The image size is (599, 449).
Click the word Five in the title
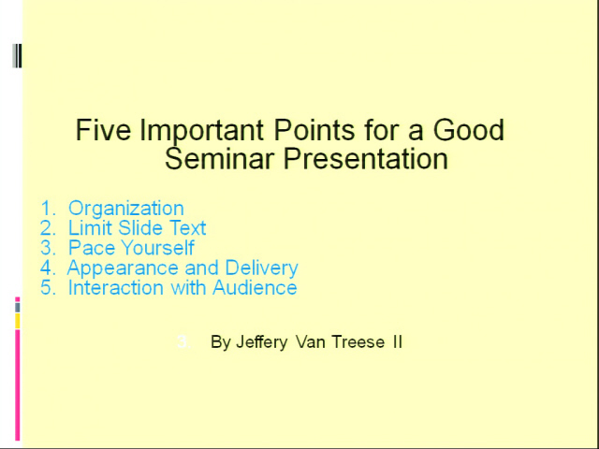click(103, 130)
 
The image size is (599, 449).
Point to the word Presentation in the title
click(366, 160)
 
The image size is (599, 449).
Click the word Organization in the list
click(126, 210)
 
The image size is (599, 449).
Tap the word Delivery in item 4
click(262, 268)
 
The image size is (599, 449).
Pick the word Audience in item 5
click(255, 287)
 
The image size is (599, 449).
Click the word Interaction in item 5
click(116, 287)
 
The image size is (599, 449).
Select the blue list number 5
click(48, 287)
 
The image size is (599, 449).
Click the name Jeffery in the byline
click(262, 342)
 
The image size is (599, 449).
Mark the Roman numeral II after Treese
click(397, 341)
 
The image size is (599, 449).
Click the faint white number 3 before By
click(183, 341)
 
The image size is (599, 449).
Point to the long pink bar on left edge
click(17, 384)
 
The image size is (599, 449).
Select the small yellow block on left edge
click(17, 321)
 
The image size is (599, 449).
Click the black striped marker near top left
click(17, 56)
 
